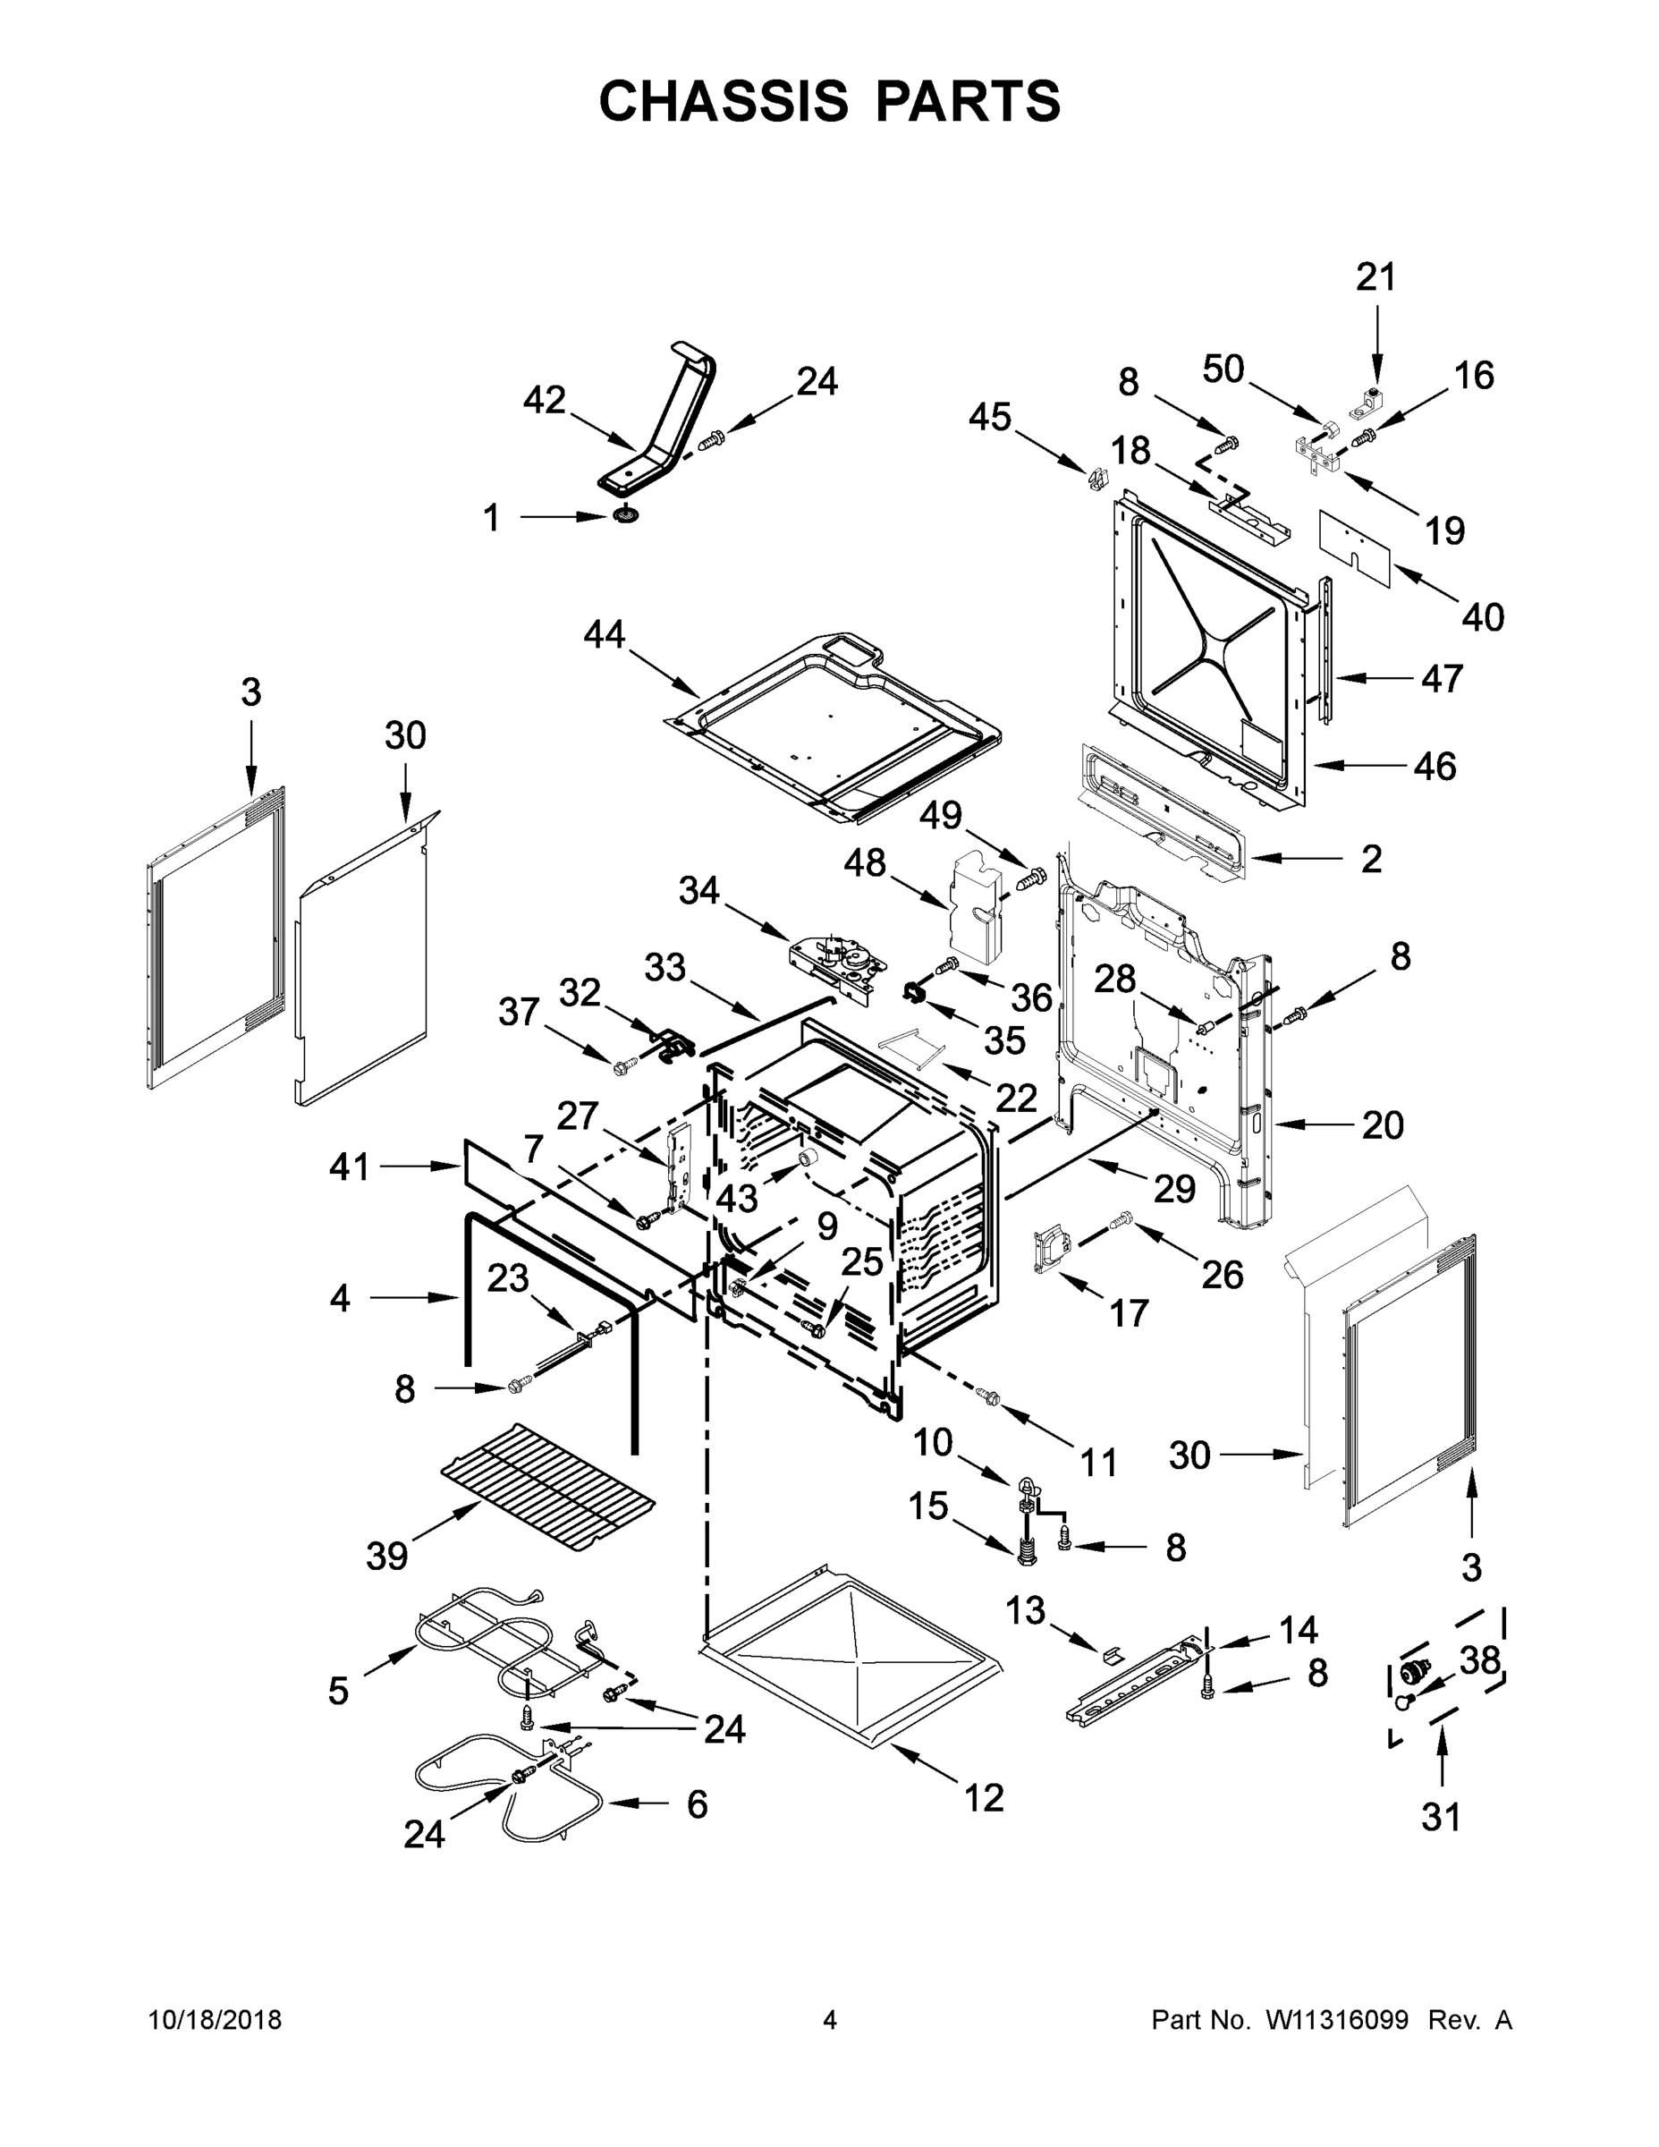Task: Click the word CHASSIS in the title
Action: [724, 100]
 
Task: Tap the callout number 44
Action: [604, 634]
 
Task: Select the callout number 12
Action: [984, 1798]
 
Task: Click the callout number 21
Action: [1376, 278]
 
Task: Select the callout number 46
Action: [1434, 766]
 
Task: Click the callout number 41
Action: [350, 1167]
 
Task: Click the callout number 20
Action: [1382, 1124]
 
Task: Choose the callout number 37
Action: [519, 1012]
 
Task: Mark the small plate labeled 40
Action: [1357, 547]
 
